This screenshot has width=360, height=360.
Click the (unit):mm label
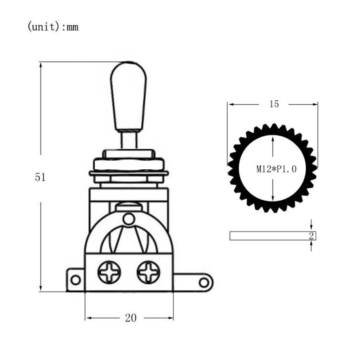tap(53, 27)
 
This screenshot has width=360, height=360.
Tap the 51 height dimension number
tap(40, 177)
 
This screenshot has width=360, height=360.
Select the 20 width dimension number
tap(131, 318)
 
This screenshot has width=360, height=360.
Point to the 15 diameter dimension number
tap(274, 104)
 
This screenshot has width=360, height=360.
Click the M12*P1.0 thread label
tap(276, 169)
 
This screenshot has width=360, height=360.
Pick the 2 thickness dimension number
tap(311, 236)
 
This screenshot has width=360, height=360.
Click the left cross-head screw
tap(109, 272)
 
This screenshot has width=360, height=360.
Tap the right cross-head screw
tap(149, 272)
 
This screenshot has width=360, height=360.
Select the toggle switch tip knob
tap(128, 96)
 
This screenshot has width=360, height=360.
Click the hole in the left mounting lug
tap(76, 280)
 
